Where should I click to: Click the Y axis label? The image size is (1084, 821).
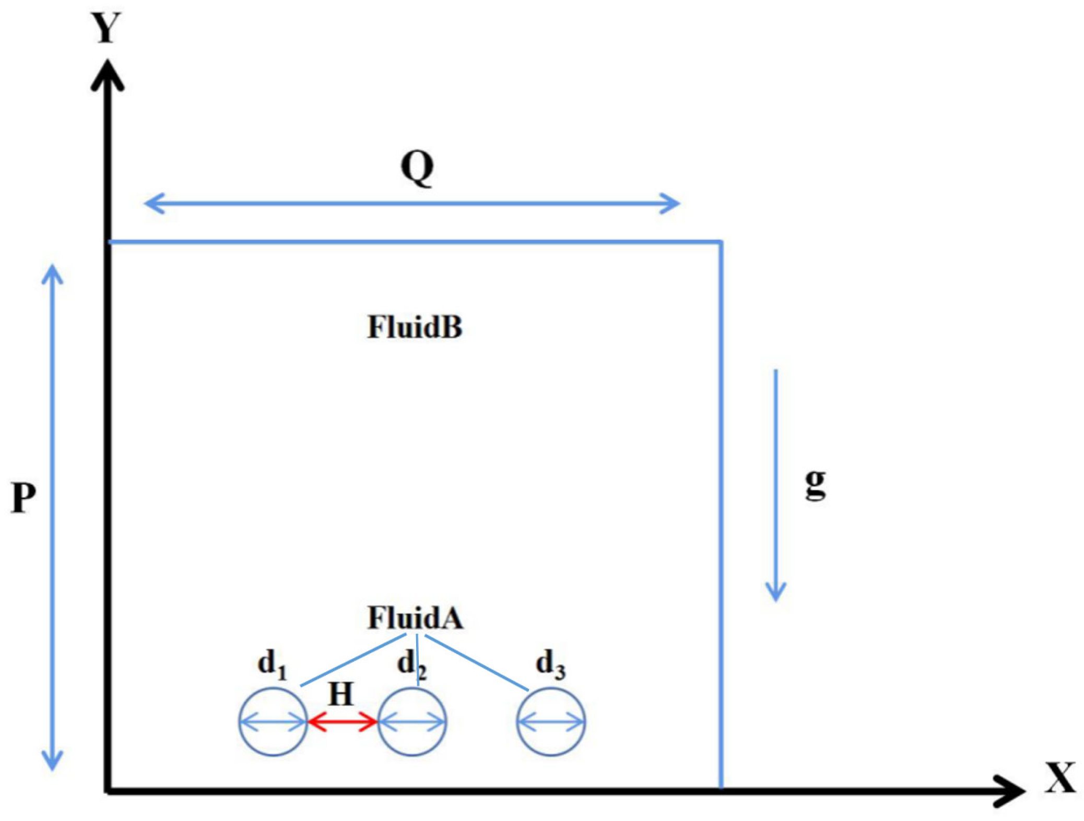coord(107,28)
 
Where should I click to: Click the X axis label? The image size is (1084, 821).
coord(1060,778)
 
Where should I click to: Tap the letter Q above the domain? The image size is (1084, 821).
coord(417,168)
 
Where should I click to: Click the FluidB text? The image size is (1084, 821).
coord(415,327)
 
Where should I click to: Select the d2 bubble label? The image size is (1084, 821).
coord(411,664)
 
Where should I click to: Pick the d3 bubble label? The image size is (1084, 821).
coord(550,664)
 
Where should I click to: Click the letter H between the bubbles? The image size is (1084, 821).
coord(341,694)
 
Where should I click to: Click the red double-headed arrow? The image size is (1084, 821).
coord(342,722)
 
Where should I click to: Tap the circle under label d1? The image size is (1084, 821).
coord(273,741)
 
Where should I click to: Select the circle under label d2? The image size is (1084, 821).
coord(412,741)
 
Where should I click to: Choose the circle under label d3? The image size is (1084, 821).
coord(551,741)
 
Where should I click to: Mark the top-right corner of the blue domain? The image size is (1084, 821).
coord(721,242)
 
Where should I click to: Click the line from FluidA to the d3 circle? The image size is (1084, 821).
coord(476,662)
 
